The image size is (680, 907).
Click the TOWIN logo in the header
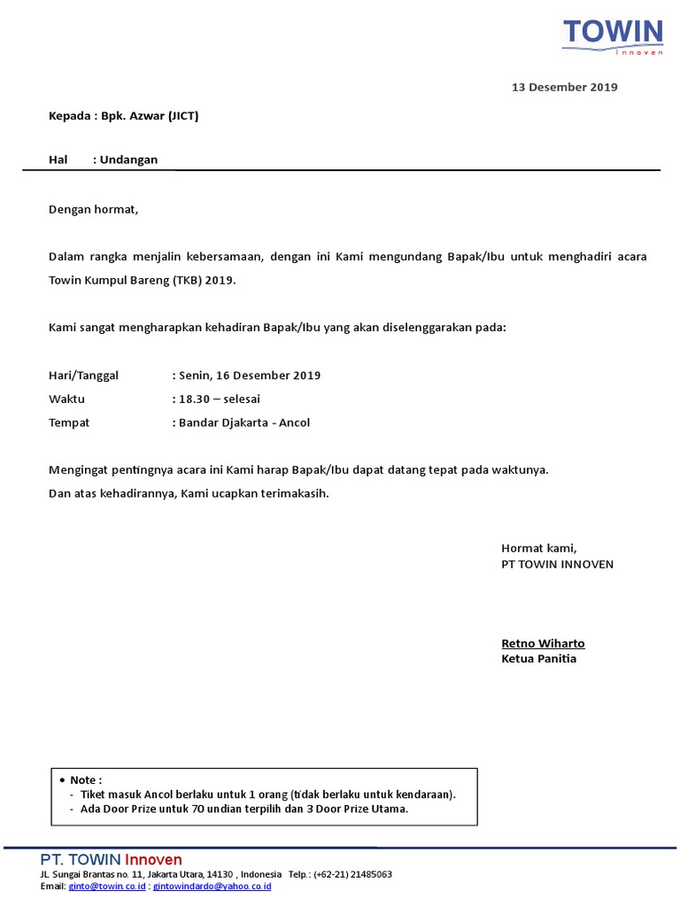click(612, 35)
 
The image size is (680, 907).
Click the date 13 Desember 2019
click(564, 87)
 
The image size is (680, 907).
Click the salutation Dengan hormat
click(94, 210)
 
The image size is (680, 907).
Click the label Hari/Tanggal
click(83, 376)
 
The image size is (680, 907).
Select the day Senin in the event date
click(195, 376)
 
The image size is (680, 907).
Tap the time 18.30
click(194, 399)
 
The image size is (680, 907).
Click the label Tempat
click(69, 423)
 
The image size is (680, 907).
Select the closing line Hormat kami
click(538, 548)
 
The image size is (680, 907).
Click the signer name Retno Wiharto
click(543, 643)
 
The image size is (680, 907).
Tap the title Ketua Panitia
click(538, 659)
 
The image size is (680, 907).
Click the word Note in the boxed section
click(84, 779)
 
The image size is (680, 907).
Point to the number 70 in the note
click(198, 809)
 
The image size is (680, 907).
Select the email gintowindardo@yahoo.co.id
click(212, 887)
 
